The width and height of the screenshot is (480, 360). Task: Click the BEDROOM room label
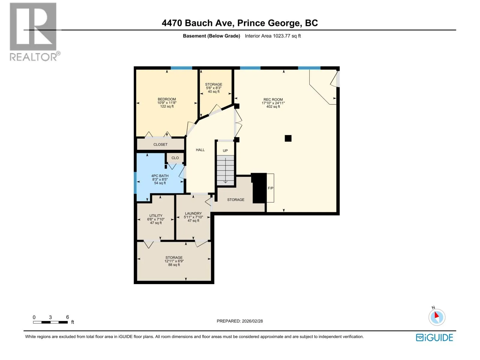click(166, 99)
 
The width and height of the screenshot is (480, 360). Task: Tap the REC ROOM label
click(273, 100)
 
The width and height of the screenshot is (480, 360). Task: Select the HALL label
click(200, 150)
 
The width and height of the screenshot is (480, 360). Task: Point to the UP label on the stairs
click(225, 151)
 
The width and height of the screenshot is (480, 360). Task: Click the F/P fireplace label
click(270, 188)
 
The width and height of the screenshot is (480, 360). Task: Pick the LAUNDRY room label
click(193, 213)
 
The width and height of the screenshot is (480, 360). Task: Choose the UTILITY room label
click(156, 215)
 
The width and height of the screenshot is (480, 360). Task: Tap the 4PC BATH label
click(160, 176)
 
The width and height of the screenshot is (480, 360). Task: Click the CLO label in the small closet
click(175, 158)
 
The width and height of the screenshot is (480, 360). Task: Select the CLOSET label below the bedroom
click(160, 145)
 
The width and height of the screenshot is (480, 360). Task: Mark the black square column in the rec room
click(288, 138)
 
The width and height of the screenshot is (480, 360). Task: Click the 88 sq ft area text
click(174, 265)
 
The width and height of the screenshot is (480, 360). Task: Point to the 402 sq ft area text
click(273, 107)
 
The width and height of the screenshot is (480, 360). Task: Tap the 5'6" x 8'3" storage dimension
click(213, 88)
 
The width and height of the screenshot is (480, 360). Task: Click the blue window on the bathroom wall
click(135, 183)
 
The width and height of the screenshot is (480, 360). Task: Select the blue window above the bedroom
click(181, 68)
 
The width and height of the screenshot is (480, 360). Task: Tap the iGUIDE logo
click(434, 337)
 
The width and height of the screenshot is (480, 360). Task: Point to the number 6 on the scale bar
click(67, 317)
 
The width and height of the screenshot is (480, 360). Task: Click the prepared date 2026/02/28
click(252, 321)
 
